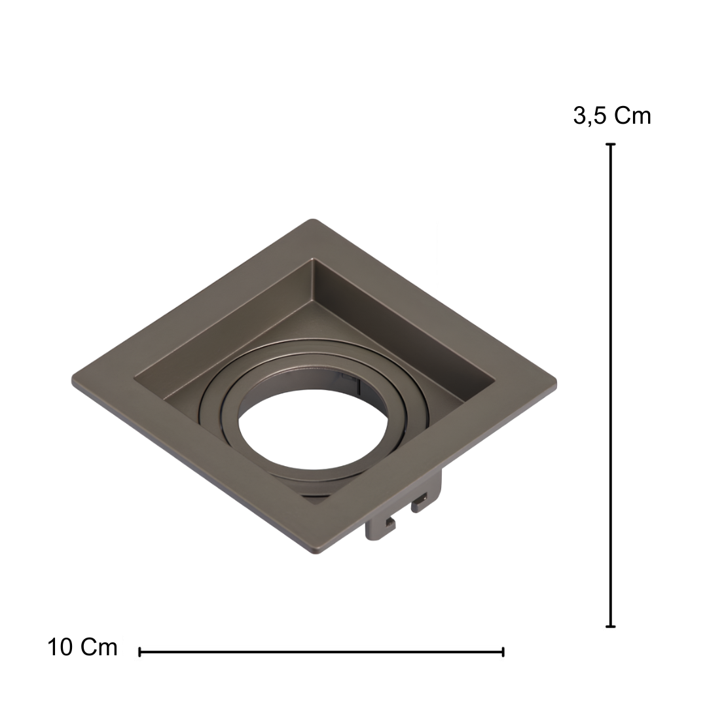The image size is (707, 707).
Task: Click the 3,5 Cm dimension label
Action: click(612, 116)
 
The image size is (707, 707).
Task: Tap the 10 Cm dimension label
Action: click(82, 647)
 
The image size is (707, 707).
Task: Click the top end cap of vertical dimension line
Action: click(611, 145)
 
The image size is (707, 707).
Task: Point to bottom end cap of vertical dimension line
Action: click(611, 626)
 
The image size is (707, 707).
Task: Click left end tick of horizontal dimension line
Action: click(140, 651)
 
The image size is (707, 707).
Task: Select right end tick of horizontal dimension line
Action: click(503, 651)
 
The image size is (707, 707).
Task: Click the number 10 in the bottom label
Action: click(60, 647)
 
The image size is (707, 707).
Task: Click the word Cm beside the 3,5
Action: click(632, 116)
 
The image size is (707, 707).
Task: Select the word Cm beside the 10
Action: click(99, 647)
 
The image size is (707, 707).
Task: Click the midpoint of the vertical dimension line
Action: click(611, 386)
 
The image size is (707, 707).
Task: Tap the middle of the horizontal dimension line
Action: click(321, 651)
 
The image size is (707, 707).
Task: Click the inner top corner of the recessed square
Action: click(314, 261)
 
